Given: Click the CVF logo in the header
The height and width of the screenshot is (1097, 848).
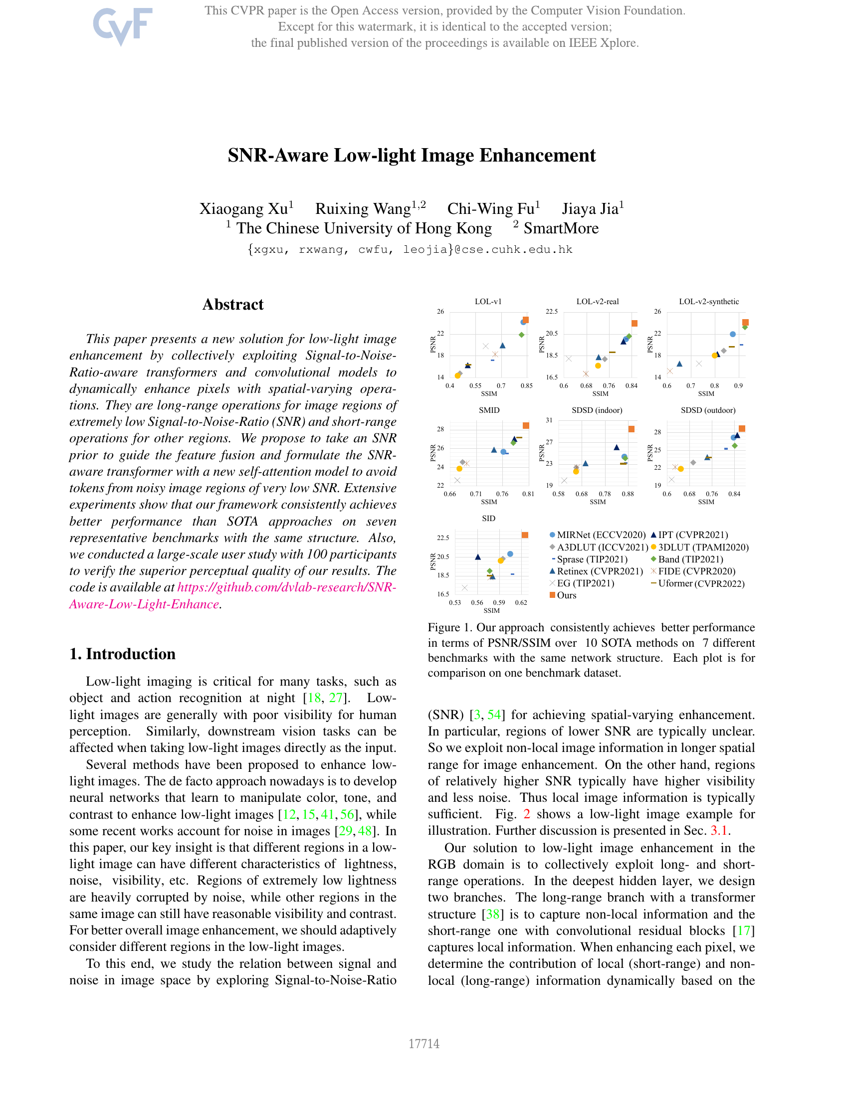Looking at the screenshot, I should point(122,26).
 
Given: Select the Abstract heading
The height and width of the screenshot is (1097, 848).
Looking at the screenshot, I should point(232,304).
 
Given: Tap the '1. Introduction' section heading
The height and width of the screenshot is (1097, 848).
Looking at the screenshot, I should point(123,654).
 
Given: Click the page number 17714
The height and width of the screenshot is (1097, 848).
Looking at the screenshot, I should point(424,1044).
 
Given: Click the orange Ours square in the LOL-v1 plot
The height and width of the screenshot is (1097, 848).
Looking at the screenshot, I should point(525,320).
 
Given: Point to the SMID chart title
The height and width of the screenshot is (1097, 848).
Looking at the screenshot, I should point(489,410).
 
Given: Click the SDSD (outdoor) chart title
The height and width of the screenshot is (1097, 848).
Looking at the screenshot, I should point(708,410).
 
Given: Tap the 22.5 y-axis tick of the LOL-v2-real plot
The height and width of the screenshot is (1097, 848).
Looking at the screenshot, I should point(552,312).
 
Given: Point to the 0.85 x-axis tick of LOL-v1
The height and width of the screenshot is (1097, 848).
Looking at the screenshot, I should point(526,386).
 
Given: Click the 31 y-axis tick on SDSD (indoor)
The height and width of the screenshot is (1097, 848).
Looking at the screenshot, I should point(549,420).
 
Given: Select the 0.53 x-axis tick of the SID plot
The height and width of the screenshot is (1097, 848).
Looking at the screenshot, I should point(454,603).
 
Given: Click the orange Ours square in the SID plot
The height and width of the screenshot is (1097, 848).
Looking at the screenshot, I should point(525,535).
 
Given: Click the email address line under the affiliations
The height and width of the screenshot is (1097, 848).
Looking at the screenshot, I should point(410,250).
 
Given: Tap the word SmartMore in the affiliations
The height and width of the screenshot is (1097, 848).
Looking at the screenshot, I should point(561,228).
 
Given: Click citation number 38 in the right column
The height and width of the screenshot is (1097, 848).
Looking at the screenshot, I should point(493,914).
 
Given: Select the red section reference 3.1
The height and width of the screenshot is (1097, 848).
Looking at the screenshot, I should point(719,831).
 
